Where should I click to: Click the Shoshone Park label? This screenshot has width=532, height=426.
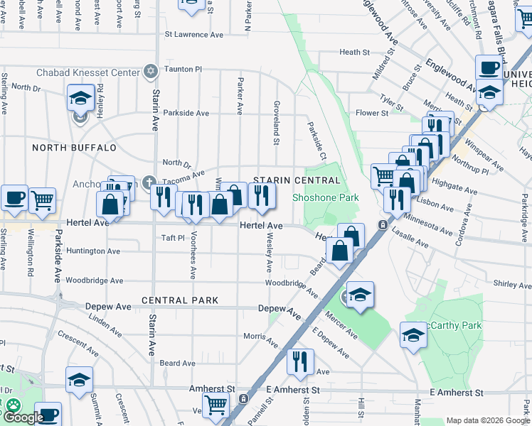(323, 197)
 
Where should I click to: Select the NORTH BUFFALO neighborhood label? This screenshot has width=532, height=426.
(74, 148)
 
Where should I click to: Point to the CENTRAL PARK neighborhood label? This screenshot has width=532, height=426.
(180, 300)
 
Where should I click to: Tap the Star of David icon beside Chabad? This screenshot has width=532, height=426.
(150, 71)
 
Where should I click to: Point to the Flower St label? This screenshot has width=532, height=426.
(372, 113)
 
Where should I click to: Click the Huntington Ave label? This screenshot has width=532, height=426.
(93, 251)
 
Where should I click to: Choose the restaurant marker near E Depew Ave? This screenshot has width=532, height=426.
(300, 361)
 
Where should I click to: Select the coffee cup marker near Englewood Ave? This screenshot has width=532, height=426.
(488, 68)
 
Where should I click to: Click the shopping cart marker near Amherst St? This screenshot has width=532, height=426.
(216, 405)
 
